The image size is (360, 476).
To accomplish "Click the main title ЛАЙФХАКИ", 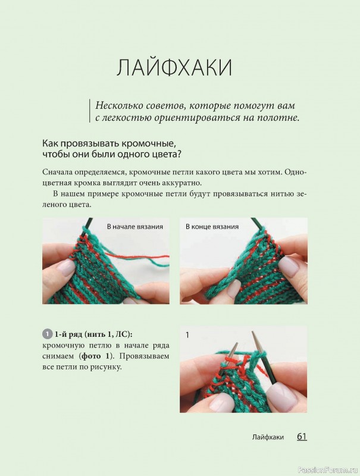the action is point(174,67).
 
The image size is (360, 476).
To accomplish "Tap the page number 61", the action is point(302,437).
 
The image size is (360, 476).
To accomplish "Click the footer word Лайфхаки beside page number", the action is point(268,437).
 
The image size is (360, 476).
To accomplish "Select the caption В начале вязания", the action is point(134,227).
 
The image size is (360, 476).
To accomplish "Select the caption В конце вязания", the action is point(212,227).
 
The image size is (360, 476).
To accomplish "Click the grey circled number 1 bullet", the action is point(47,334).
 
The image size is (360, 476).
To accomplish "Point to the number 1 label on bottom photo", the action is point(187,335).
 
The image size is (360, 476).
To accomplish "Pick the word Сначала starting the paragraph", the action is point(55,172).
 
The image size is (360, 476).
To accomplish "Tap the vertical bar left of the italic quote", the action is point(90,111).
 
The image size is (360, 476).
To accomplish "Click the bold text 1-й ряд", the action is point(68,334).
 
